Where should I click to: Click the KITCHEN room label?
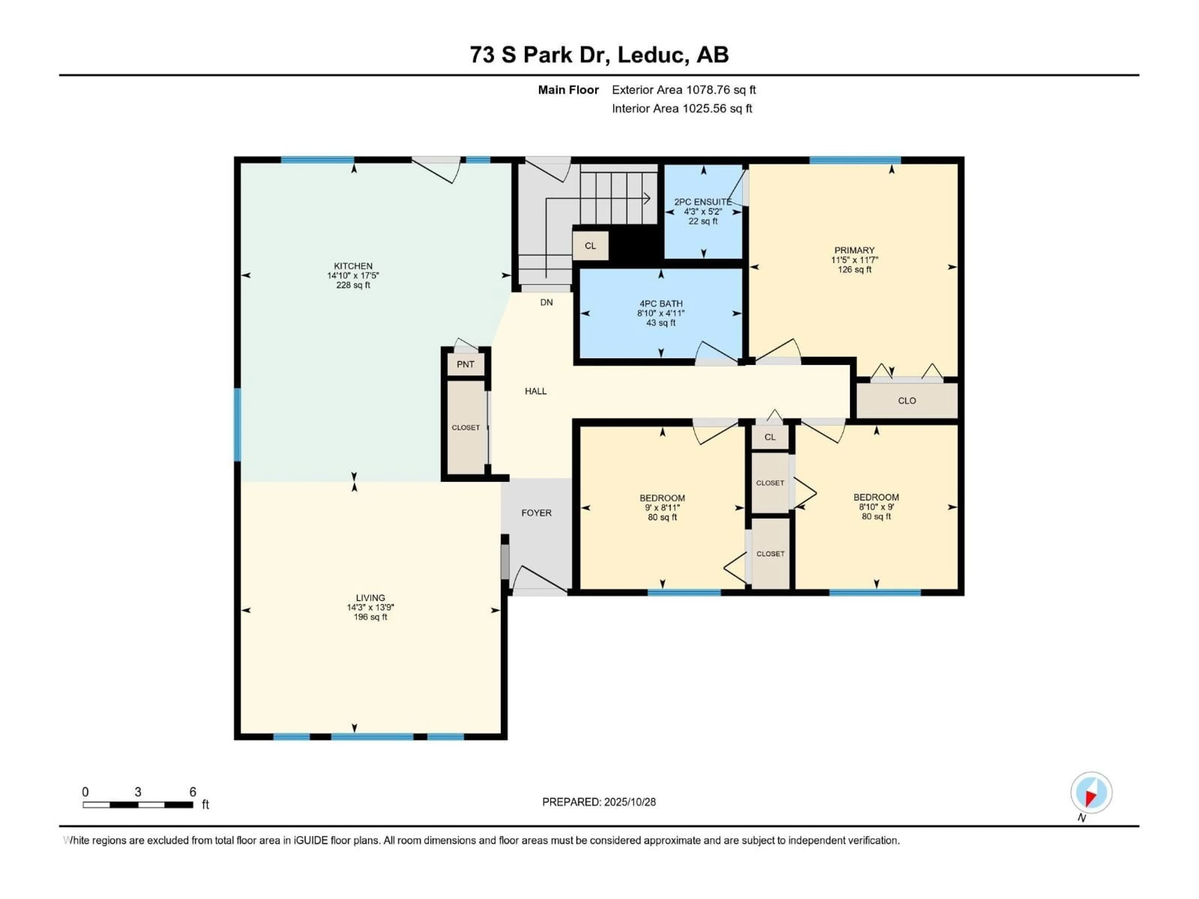(x=353, y=266)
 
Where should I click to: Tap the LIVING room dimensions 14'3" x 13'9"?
(x=370, y=607)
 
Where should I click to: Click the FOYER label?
(x=536, y=513)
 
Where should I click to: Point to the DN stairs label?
(x=546, y=302)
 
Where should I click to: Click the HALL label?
(x=535, y=391)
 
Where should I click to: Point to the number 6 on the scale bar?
(x=192, y=792)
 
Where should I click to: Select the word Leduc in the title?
(x=652, y=55)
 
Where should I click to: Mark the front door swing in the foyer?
(x=539, y=580)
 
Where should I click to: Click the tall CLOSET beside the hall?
(x=466, y=428)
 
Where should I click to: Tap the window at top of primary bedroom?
(x=855, y=160)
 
